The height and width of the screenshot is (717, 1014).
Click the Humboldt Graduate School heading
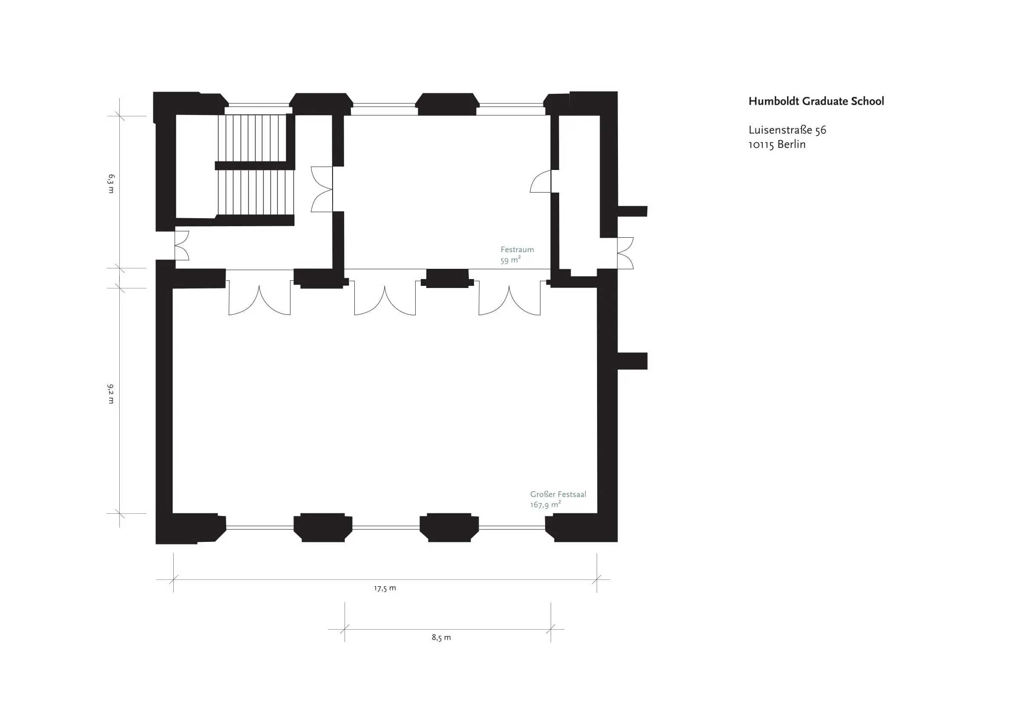[816, 101]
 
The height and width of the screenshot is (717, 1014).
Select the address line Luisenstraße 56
[787, 130]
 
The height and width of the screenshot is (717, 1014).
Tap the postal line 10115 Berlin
[777, 144]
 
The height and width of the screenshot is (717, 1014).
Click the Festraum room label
[517, 250]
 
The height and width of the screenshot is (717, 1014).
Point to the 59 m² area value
[511, 260]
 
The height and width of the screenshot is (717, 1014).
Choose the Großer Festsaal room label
[558, 494]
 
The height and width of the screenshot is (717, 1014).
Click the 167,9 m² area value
[546, 504]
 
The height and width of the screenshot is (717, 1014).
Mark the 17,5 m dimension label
[385, 588]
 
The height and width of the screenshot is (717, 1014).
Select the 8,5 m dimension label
[441, 637]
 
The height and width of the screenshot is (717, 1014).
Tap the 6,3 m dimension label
[111, 184]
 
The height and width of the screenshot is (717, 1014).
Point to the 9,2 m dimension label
[111, 394]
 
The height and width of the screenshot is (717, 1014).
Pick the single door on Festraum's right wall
[540, 181]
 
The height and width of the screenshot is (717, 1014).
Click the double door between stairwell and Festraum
[322, 189]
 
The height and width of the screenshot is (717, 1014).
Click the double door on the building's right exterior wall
[625, 253]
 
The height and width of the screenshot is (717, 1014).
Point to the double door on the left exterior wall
[182, 246]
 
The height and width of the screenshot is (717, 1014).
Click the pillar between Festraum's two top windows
[447, 104]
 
